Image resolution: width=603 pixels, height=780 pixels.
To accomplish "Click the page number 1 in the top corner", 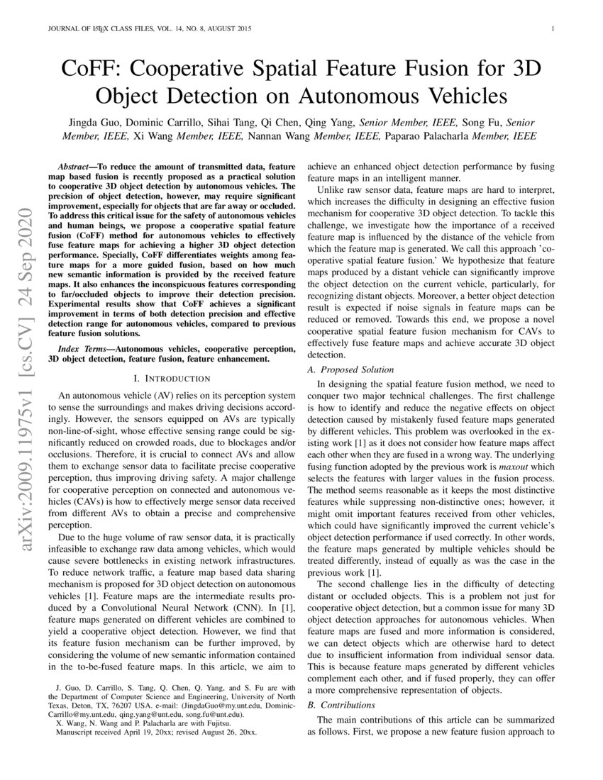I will tap(552, 29).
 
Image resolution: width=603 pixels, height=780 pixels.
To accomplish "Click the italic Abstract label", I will tap(77, 163).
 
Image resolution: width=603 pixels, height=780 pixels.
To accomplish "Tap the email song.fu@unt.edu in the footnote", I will tap(209, 715).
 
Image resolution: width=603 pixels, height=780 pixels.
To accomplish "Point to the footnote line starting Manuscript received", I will tap(155, 732).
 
